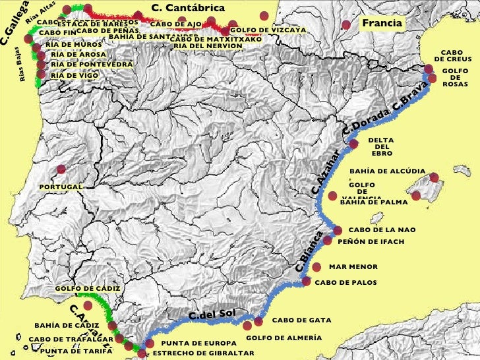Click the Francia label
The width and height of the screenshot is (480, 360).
click(382, 24)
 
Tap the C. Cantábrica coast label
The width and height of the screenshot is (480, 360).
click(188, 8)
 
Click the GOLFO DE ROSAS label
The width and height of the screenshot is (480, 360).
click(455, 77)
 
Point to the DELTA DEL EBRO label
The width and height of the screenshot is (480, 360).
click(382, 147)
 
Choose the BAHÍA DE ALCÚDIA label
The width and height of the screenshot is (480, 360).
click(388, 171)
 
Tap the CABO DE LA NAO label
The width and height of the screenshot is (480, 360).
click(382, 230)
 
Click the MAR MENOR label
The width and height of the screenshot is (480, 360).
click(353, 267)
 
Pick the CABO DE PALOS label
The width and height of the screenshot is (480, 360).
click(346, 282)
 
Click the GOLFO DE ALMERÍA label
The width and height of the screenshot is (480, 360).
click(284, 338)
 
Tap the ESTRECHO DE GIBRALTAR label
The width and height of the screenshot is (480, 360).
click(203, 353)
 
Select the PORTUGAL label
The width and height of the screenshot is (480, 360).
click(61, 187)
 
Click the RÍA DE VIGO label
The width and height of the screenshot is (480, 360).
click(75, 76)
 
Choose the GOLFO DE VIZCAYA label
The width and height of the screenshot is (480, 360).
click(268, 30)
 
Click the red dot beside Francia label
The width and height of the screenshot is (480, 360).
click(347, 24)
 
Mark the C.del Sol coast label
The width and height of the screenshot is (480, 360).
click(212, 315)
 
